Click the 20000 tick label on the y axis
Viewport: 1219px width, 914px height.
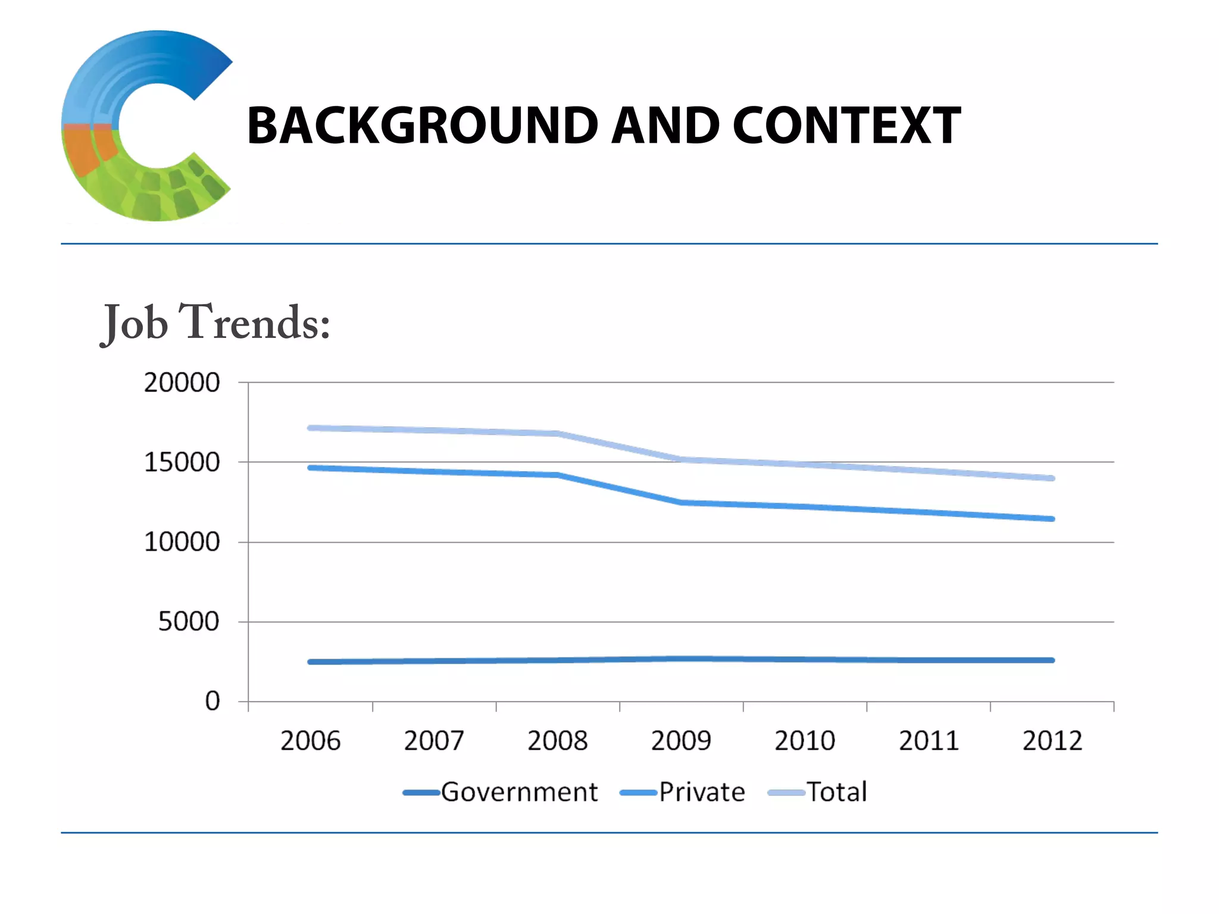click(182, 383)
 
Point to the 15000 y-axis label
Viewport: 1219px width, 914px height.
click(182, 462)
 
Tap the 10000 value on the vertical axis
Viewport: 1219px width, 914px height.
click(182, 542)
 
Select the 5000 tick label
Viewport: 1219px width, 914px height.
click(189, 622)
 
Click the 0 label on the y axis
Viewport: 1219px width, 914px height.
click(212, 702)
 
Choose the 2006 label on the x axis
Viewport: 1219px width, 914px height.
click(310, 741)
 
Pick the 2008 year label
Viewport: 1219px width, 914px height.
click(557, 741)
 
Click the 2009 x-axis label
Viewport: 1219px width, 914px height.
click(681, 741)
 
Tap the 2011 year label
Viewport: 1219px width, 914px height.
click(929, 741)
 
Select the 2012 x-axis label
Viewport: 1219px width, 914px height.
click(1052, 741)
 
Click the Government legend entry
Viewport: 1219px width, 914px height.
click(518, 792)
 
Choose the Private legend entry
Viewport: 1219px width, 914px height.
click(701, 792)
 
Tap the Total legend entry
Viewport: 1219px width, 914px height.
click(836, 792)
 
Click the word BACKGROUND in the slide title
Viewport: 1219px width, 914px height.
click(422, 126)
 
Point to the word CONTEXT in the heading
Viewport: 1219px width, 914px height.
click(846, 126)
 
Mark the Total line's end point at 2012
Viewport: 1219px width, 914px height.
click(1052, 478)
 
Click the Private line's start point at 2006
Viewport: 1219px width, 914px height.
click(310, 468)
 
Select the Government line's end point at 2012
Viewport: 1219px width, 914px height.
click(1052, 660)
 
